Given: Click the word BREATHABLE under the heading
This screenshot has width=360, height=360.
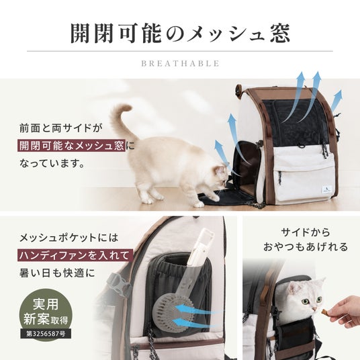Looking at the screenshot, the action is point(180,63).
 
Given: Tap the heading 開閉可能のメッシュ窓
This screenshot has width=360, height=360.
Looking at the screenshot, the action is point(180,34).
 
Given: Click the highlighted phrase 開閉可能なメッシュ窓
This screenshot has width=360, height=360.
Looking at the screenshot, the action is point(71,145).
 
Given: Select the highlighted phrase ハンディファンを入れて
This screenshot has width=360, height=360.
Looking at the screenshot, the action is point(75,255).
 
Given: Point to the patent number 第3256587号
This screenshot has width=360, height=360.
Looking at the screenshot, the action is point(46,334).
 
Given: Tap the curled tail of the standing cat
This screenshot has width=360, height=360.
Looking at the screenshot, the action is point(122,120).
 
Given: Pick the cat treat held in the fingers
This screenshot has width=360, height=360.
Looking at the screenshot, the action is point(324,312).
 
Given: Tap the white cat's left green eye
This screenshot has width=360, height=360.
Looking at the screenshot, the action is point(306,301).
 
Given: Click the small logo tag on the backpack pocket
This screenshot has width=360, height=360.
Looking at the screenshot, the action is point(325,191).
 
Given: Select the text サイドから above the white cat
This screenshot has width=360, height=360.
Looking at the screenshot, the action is point(306,232).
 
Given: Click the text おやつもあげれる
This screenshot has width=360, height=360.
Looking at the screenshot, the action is point(306,247).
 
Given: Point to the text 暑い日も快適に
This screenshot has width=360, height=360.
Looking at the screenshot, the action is point(57,273).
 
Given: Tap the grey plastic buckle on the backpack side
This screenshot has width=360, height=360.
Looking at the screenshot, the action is point(119,285).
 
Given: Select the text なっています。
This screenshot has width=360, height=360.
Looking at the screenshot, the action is point(52,163).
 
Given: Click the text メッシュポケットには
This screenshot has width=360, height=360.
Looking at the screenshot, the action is point(69,238).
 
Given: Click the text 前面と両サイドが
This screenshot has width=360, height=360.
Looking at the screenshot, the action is point(60,128).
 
